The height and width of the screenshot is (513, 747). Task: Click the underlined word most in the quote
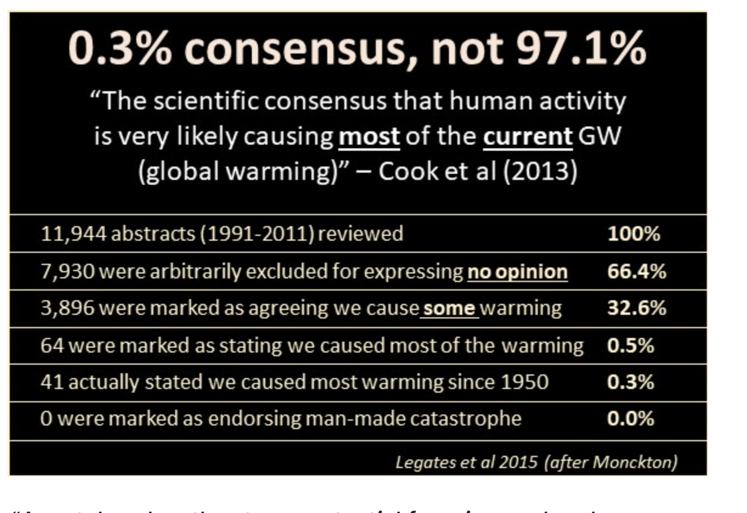coord(369,137)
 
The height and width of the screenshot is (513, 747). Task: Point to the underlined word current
coord(527,137)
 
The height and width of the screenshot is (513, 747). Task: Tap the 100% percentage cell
coord(633,234)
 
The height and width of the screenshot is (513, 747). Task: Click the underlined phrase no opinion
coord(517,272)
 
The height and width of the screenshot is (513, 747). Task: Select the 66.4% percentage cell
coord(636,272)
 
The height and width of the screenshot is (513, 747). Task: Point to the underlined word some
coord(450,309)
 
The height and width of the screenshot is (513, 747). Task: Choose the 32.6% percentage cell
coord(636,309)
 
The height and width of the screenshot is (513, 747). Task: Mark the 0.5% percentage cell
coord(631,346)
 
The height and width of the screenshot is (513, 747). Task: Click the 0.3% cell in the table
coord(631,383)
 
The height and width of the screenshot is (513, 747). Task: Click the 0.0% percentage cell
coord(631,420)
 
